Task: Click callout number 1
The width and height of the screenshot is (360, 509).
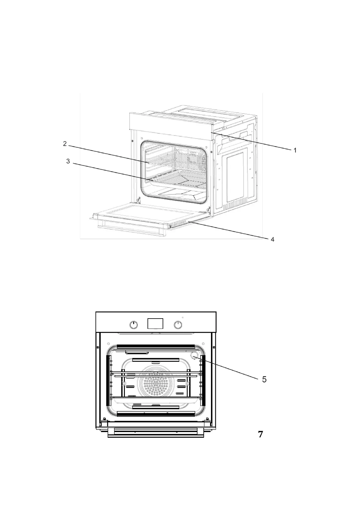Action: tap(295, 150)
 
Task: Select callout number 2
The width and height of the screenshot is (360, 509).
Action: tap(65, 144)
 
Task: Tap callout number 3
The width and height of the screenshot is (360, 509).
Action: tap(68, 161)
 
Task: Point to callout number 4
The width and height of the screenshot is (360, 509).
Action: tap(272, 239)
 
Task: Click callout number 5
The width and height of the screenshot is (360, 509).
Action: tap(264, 379)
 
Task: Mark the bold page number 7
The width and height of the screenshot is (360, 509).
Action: tap(260, 434)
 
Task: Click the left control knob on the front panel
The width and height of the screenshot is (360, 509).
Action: tap(134, 325)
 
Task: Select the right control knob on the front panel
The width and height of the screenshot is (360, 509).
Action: tap(178, 325)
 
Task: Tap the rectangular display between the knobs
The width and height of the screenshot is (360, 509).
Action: tap(155, 323)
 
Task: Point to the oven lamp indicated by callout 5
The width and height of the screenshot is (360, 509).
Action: tap(193, 356)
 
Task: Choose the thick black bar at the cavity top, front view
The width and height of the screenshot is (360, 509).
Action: tap(156, 346)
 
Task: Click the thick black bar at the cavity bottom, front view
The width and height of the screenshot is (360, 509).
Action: tap(156, 414)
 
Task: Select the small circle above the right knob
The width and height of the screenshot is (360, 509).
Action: tap(183, 317)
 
